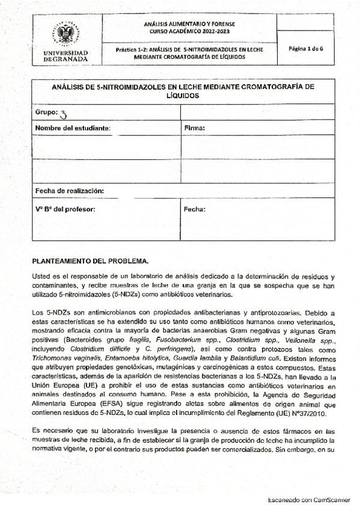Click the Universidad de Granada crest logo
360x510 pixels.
pyautogui.click(x=66, y=35)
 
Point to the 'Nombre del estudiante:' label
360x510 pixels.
pyautogui.click(x=73, y=128)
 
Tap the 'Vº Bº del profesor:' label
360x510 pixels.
pyautogui.click(x=65, y=209)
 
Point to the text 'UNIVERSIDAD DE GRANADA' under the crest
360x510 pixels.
pyautogui.click(x=66, y=57)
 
